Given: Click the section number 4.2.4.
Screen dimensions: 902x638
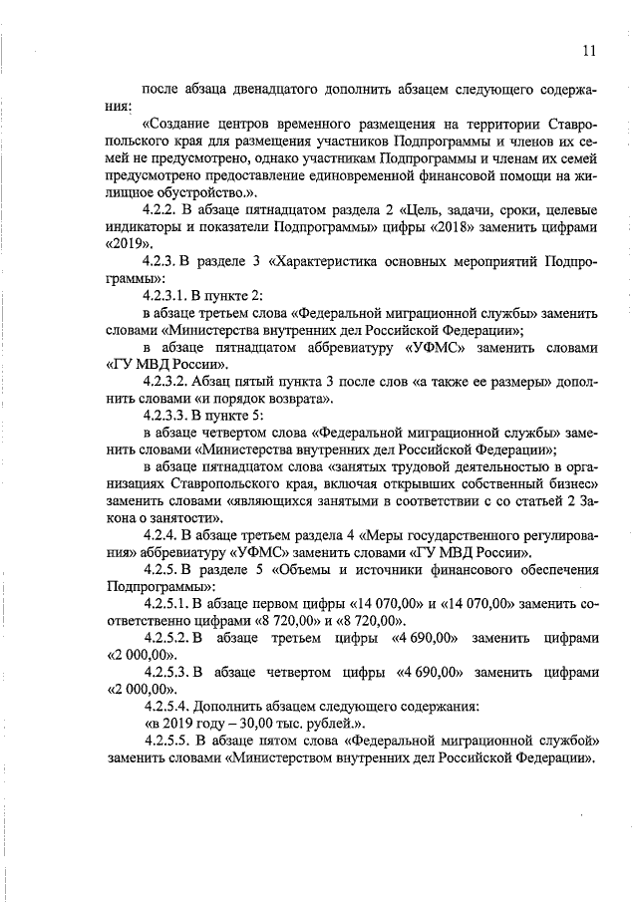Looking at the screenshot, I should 166,536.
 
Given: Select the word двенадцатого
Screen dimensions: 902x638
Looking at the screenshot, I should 261,89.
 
